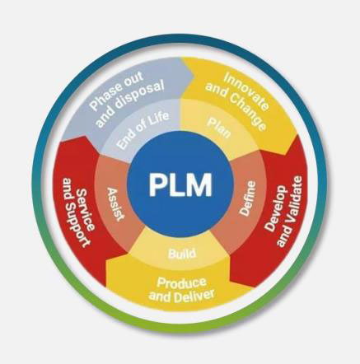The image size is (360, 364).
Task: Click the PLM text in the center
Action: (x=180, y=184)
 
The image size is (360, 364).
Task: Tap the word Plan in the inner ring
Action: (x=219, y=128)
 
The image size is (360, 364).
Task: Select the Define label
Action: (x=248, y=198)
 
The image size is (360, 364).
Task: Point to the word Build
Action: (x=182, y=254)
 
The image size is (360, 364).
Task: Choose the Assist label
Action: (x=115, y=204)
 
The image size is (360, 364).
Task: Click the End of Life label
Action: (x=143, y=129)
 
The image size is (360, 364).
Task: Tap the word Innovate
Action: (x=246, y=91)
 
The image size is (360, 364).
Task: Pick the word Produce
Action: (x=181, y=282)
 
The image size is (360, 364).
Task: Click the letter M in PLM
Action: (x=199, y=184)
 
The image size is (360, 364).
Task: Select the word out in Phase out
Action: (x=133, y=79)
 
